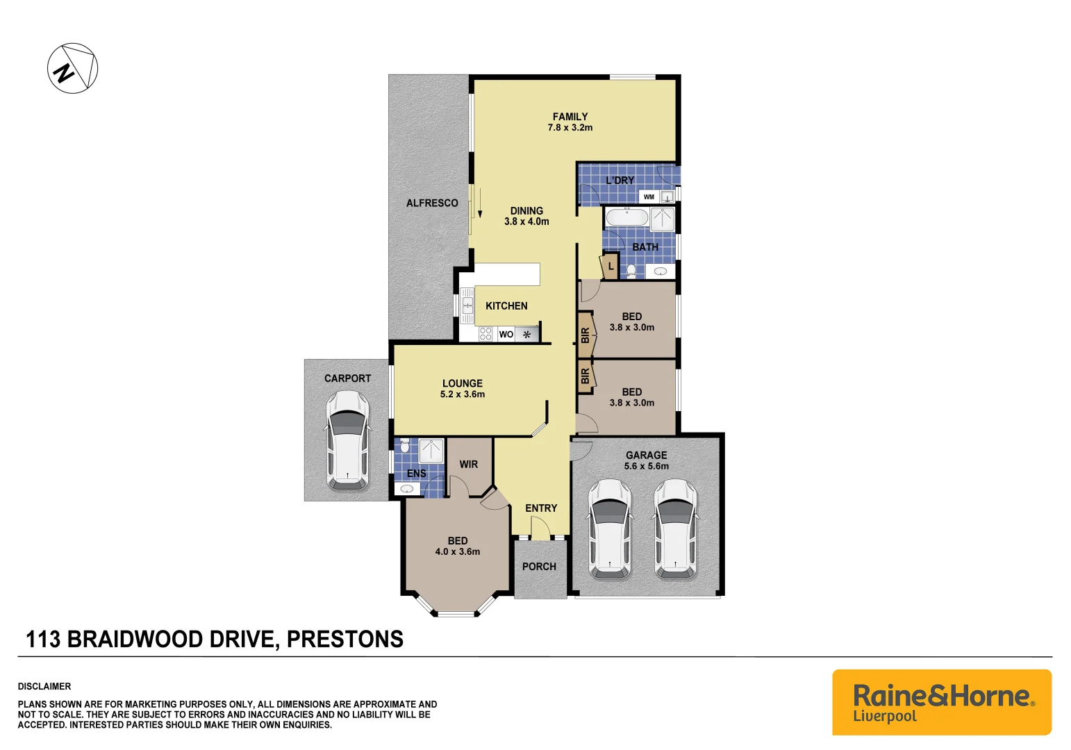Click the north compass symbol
(x=72, y=68)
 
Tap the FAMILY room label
(x=570, y=117)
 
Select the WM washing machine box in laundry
(x=649, y=197)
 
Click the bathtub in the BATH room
(x=626, y=218)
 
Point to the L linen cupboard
(x=611, y=266)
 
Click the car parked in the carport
(x=347, y=440)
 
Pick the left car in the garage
(x=609, y=528)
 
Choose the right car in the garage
(x=675, y=528)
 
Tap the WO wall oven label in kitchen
(x=506, y=335)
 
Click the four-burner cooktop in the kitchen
(x=485, y=334)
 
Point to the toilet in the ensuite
(x=405, y=444)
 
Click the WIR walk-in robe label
(x=469, y=465)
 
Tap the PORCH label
(x=539, y=567)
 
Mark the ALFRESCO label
(x=432, y=203)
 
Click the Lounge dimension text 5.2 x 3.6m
(x=463, y=394)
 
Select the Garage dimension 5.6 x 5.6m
(x=646, y=466)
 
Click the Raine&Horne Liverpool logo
(x=942, y=702)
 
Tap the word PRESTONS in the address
(x=344, y=639)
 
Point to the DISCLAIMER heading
(x=44, y=686)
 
